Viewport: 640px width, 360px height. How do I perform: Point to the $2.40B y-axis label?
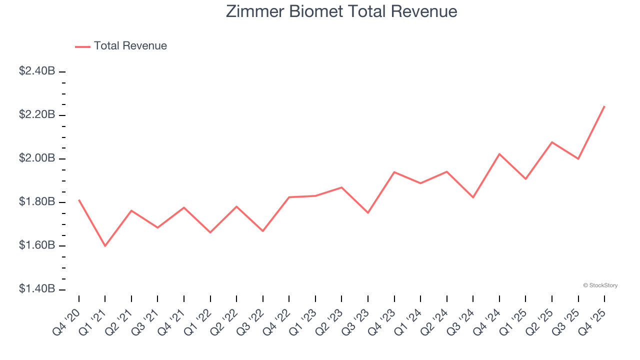tap(37, 71)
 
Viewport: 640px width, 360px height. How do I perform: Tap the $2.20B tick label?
tap(37, 115)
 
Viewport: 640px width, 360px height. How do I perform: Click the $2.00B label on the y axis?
tap(37, 158)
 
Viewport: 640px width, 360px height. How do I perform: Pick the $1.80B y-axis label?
tap(37, 202)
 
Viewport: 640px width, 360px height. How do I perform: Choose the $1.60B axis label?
tap(37, 245)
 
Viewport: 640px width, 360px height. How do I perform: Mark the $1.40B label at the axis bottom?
tap(37, 289)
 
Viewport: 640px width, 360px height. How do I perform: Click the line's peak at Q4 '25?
tap(604, 106)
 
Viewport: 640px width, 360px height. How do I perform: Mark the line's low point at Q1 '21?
tap(105, 246)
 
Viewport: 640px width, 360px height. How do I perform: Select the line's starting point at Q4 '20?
tap(79, 200)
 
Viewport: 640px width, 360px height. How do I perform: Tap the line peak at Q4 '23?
tap(394, 172)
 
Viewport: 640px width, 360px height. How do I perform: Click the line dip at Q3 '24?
tap(473, 197)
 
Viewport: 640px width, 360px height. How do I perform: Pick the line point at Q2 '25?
tap(552, 142)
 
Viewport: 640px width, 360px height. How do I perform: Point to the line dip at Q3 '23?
tap(368, 213)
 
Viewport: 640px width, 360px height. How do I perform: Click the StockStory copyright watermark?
tap(600, 285)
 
